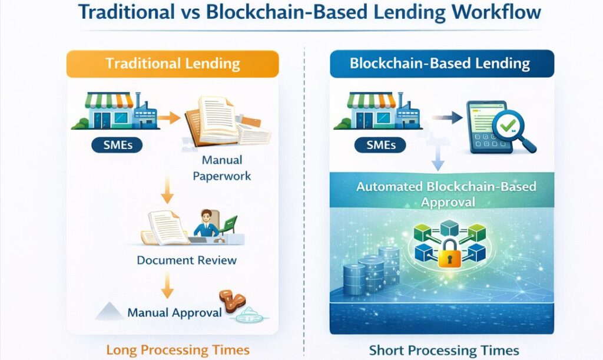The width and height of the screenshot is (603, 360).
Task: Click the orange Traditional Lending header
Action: click(172, 64)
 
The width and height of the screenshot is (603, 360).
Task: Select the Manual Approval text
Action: click(175, 312)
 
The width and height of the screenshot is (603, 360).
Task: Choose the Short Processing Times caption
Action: click(444, 350)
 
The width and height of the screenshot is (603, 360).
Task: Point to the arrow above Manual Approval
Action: click(168, 286)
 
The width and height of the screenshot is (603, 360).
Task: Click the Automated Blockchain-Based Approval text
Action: click(446, 194)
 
